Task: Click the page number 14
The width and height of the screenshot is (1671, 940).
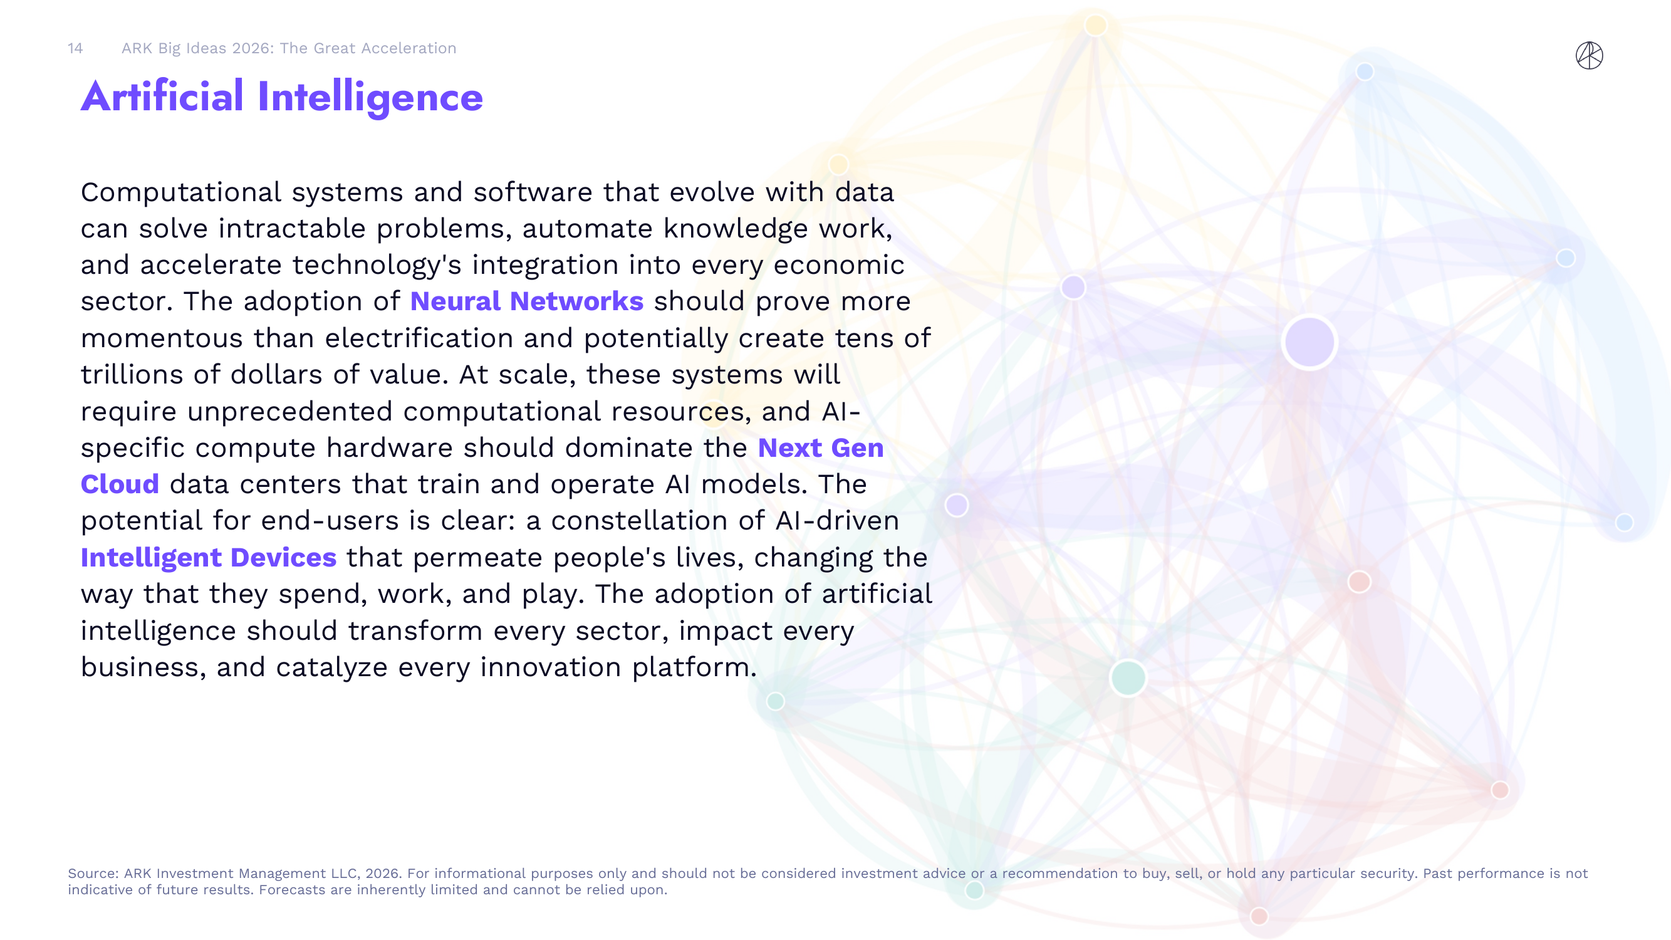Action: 75,49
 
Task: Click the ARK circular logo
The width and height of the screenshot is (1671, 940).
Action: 1590,55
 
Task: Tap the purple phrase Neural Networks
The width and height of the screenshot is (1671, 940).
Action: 527,301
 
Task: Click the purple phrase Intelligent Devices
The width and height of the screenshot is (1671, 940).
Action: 208,558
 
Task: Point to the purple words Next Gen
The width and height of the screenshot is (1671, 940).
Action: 821,448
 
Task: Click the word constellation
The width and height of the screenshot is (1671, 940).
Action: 648,521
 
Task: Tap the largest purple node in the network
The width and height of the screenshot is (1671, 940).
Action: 1309,342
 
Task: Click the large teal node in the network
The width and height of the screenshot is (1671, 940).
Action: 1128,678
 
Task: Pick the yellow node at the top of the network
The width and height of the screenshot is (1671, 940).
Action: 1096,25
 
